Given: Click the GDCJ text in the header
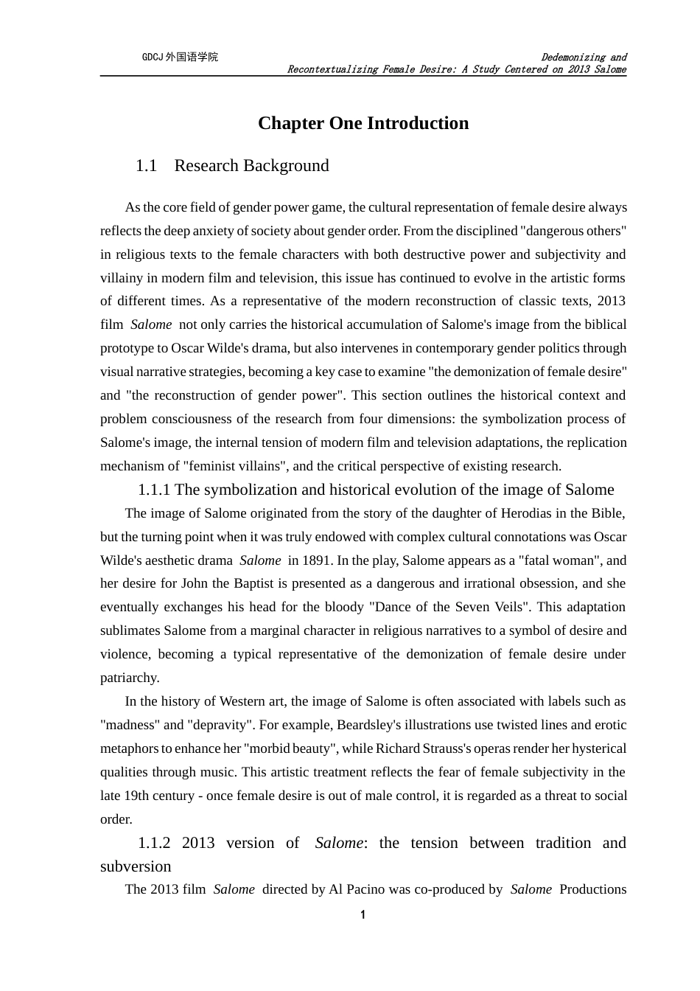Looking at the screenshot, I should click(x=153, y=57).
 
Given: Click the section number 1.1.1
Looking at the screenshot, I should click(x=154, y=490).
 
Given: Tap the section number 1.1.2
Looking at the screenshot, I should click(x=154, y=843).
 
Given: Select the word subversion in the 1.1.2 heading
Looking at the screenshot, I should click(x=136, y=866).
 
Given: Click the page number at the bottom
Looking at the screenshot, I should click(x=363, y=915).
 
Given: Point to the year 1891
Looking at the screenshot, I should click(x=304, y=560).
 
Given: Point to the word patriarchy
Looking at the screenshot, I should click(x=130, y=678).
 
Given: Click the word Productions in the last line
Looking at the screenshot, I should click(x=592, y=889).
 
